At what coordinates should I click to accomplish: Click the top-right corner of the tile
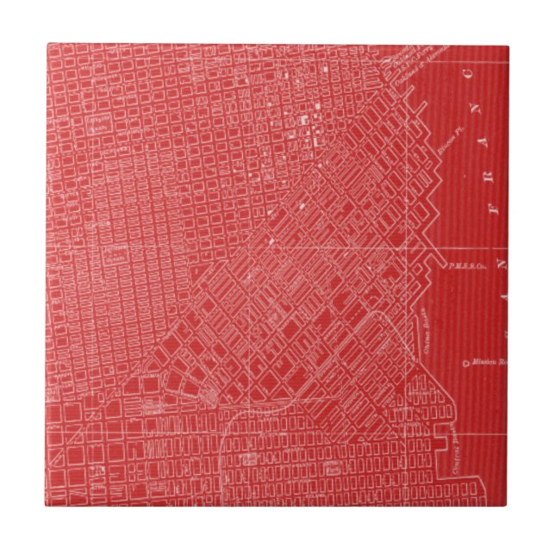pos(508,46)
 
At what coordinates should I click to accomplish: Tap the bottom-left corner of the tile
pos(47,508)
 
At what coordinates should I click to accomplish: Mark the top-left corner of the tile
pos(47,46)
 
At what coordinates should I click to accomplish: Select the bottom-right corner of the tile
pos(508,508)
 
